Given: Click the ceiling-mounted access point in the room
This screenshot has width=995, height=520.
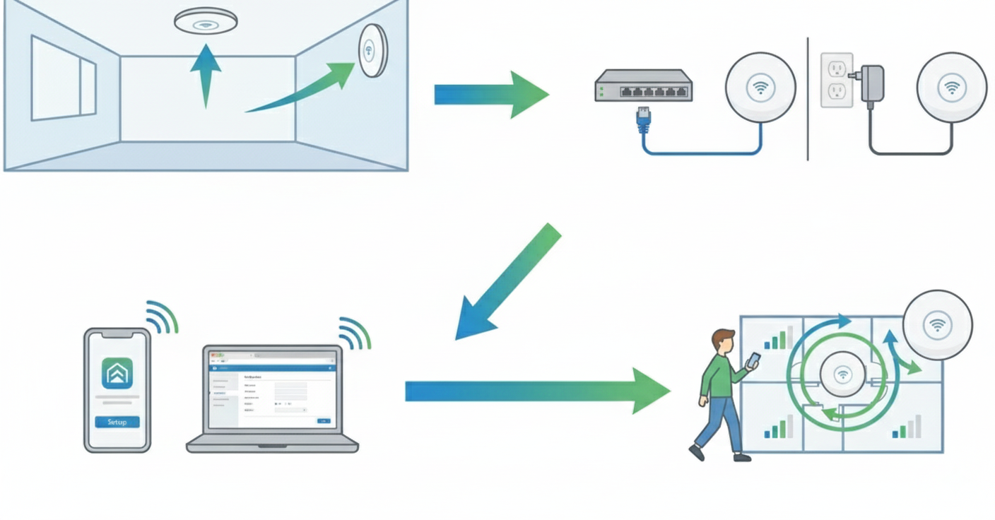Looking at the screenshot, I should point(206,20).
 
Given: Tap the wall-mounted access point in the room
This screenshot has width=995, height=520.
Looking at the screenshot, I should point(372,50).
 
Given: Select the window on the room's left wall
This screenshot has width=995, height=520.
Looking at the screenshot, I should point(64,78).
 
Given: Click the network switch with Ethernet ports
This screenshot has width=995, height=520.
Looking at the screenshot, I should point(643,85).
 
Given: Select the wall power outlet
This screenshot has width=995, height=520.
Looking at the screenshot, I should point(837,80).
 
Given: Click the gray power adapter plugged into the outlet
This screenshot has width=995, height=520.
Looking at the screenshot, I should point(872,83).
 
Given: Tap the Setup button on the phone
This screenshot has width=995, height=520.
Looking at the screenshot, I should point(117,422).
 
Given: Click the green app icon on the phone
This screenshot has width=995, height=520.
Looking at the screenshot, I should point(117,372).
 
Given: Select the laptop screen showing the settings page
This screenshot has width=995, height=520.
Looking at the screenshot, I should point(272,390).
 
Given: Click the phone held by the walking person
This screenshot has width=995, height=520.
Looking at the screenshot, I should point(753,360).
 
